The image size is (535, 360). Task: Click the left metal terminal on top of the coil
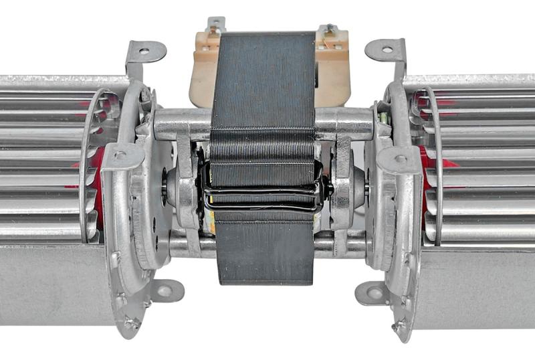(216, 25)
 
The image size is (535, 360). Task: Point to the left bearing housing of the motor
(177, 190)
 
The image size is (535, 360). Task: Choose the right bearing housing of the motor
(350, 190)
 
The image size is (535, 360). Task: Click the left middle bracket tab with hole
(122, 155)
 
